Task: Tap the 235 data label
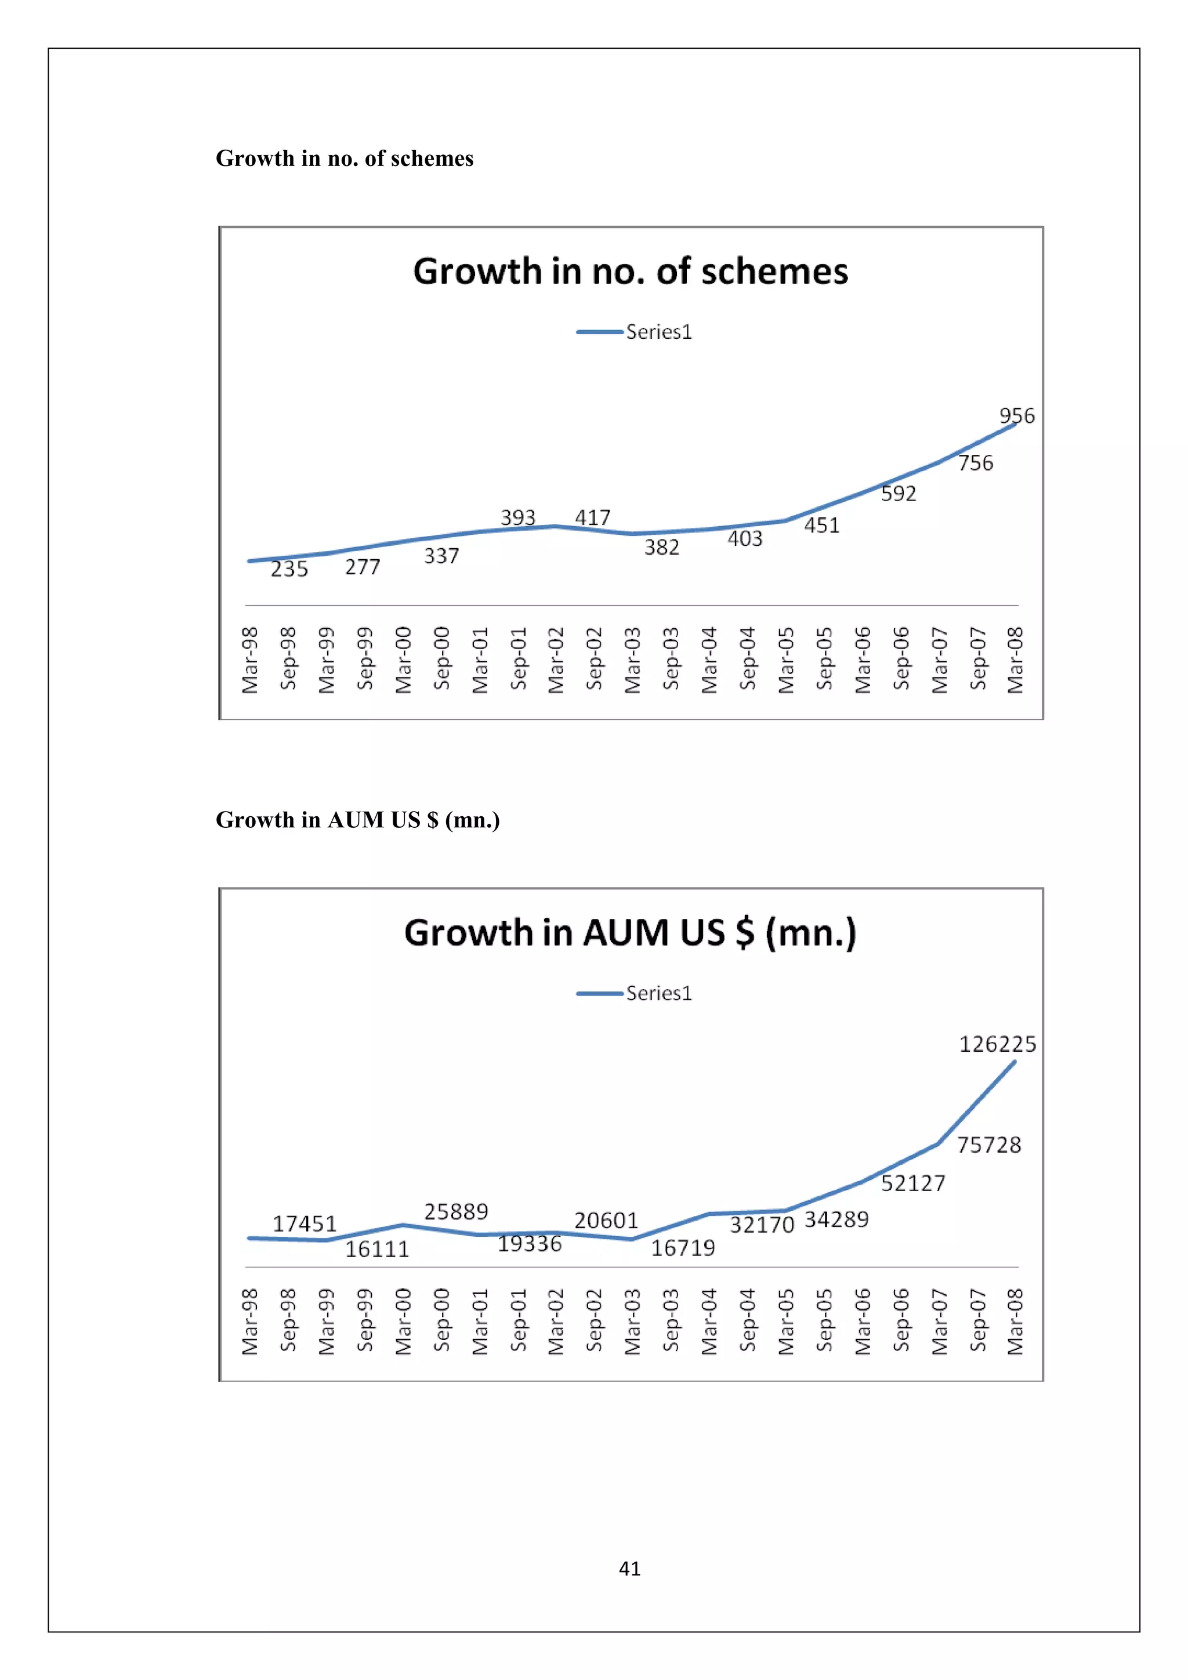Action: pos(289,569)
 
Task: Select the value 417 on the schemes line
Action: pos(592,518)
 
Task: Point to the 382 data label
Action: pos(661,547)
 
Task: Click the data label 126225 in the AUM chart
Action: pos(997,1044)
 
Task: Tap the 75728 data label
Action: pos(988,1145)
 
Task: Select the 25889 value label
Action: pos(456,1212)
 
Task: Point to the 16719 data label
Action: pos(683,1248)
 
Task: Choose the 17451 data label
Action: pos(305,1224)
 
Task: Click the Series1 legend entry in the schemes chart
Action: pos(658,332)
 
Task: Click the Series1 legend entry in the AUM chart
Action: pos(658,994)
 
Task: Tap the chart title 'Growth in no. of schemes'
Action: pos(630,271)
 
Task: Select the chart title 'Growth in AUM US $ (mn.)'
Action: pos(630,933)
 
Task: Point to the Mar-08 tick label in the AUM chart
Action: pos(1015,1321)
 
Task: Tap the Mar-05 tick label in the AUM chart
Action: pos(785,1321)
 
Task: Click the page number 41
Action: pos(629,1568)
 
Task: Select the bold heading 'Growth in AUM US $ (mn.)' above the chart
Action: pos(358,820)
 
